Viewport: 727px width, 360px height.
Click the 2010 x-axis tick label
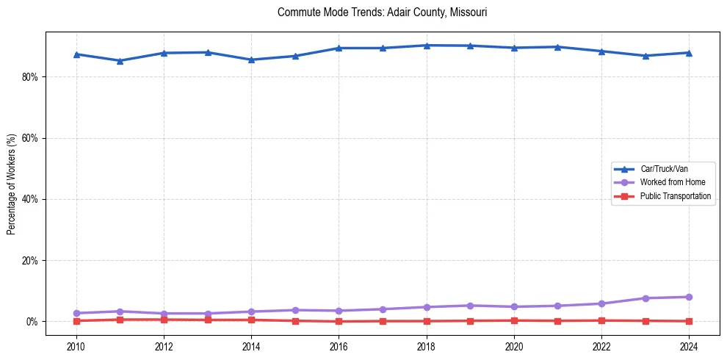click(76, 346)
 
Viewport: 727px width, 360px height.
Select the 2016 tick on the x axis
click(339, 346)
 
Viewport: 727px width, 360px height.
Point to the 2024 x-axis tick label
click(689, 346)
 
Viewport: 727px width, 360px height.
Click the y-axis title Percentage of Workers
click(12, 184)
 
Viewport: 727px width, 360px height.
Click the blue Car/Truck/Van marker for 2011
click(120, 61)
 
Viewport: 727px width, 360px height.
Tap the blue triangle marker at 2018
click(427, 46)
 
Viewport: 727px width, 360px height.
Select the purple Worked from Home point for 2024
click(689, 297)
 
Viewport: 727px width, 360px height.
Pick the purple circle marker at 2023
click(645, 298)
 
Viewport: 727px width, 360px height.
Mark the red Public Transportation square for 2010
click(76, 321)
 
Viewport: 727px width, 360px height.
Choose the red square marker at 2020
click(514, 320)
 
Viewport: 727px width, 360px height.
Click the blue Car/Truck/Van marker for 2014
click(251, 60)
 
